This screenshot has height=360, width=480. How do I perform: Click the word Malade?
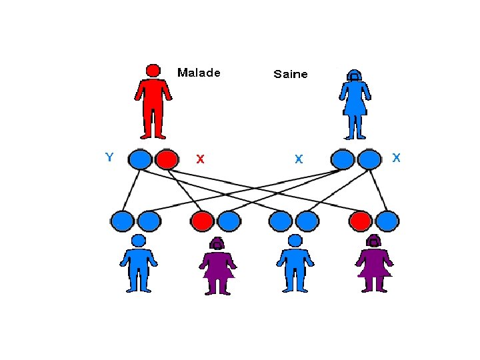coord(199,73)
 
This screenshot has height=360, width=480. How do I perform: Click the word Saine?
coord(291,74)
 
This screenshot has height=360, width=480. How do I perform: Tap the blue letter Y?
coord(109,157)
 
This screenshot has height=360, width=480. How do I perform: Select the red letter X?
coord(200,159)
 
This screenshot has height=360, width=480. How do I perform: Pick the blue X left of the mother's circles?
coord(299,159)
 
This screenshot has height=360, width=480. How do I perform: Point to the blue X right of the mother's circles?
coord(397,158)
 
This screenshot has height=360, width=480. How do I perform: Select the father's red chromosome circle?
coord(167,159)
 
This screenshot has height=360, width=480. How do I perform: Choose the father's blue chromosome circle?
coord(140,159)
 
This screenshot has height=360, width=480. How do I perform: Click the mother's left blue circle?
coord(342,159)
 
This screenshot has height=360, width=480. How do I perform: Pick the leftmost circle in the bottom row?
coord(123,220)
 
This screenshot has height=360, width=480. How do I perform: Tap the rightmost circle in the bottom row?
coord(387,220)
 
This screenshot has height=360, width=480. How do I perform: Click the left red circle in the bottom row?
coord(202,220)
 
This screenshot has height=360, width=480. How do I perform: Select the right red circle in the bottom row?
coord(361,220)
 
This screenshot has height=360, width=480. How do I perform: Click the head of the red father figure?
coord(153,71)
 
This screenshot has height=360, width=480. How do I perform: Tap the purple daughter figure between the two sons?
coord(217,265)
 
